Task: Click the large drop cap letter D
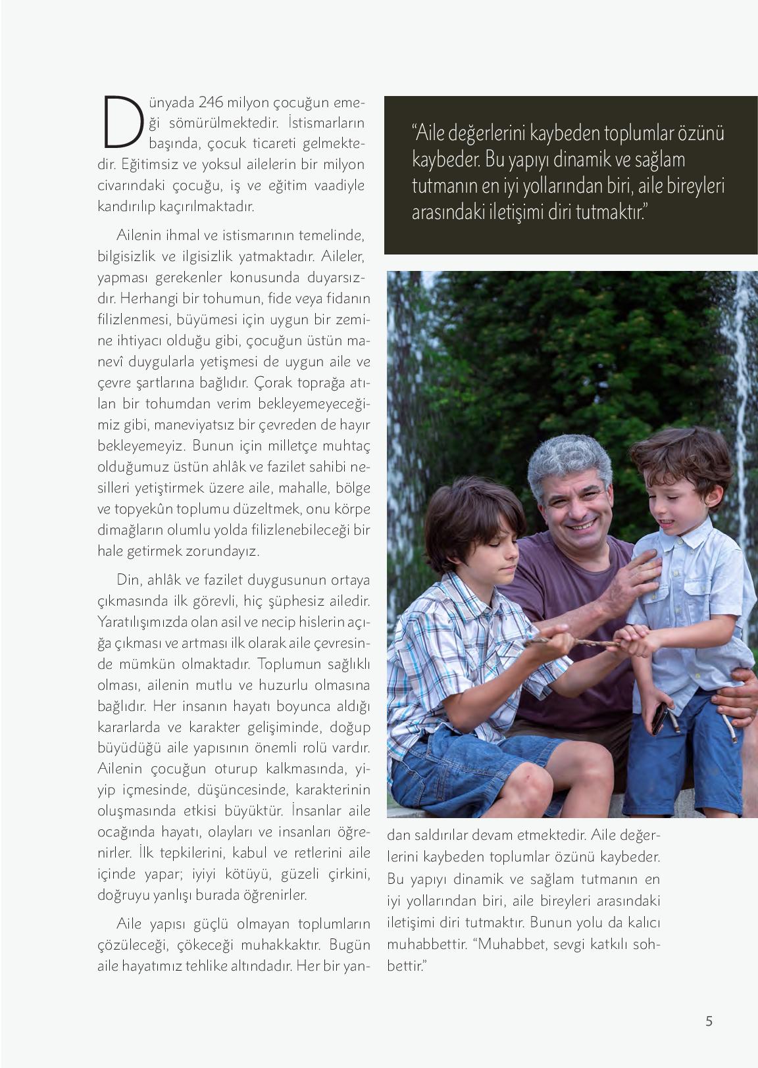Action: click(x=121, y=122)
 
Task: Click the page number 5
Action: click(x=709, y=1021)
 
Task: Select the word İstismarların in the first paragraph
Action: click(x=326, y=123)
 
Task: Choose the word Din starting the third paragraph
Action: click(x=127, y=580)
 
